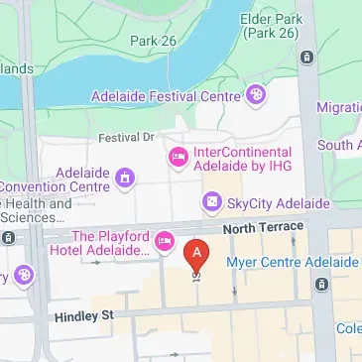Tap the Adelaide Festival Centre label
pos(165,96)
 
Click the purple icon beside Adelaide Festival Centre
pos(257,95)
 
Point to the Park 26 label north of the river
pos(152,41)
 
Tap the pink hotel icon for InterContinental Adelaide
pos(179,156)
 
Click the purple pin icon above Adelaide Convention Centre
pos(125,179)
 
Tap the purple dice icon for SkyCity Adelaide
pos(211,203)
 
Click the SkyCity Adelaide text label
pos(279,203)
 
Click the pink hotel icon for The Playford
pos(165,241)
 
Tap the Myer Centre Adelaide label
pos(292,262)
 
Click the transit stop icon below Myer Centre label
pos(321,285)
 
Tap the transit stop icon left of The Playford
pos(9,238)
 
